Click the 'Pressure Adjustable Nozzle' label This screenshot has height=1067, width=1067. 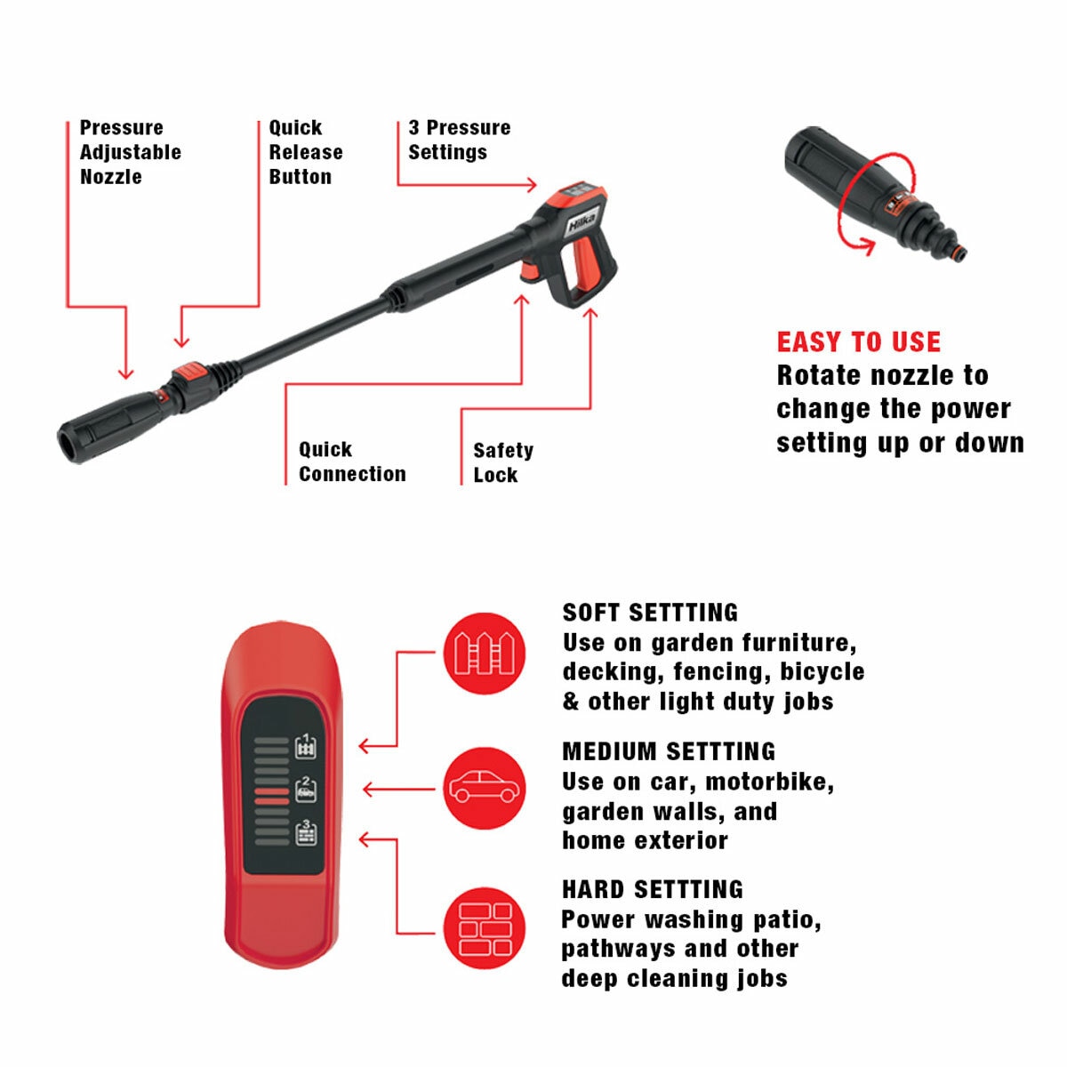point(130,152)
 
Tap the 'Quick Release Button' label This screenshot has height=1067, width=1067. point(306,152)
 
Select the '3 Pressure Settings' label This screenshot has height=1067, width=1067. point(459,140)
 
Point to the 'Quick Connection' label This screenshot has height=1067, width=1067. point(352,461)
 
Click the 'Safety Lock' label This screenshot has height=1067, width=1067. point(503,463)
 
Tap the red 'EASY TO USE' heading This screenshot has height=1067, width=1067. point(859,341)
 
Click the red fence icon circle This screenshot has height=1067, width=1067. point(485,654)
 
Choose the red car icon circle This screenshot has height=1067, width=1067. point(485,789)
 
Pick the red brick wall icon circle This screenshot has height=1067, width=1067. point(485,928)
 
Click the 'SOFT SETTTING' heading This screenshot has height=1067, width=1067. point(650,613)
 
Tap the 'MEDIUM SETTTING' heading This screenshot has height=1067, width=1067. point(669,752)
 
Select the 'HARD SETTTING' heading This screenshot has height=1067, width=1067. point(653,890)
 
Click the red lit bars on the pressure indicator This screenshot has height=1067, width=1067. point(271,796)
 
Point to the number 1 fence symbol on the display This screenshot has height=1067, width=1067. point(306,746)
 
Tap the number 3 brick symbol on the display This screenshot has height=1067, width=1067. point(306,833)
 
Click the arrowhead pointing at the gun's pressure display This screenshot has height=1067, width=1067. point(532,184)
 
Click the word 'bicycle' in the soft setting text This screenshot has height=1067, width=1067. point(822,672)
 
